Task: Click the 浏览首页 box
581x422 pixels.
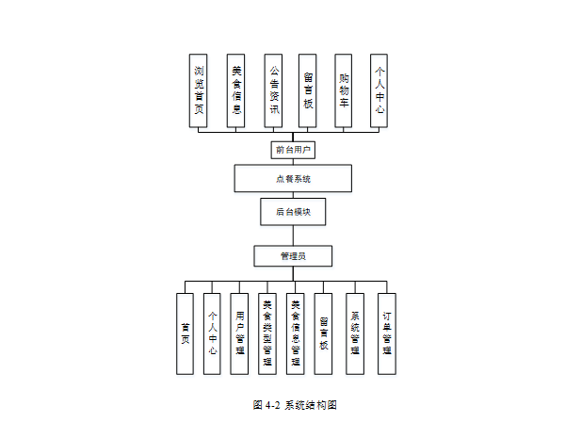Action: point(199,89)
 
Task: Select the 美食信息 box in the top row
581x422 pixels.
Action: point(235,89)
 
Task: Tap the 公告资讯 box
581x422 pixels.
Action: point(273,89)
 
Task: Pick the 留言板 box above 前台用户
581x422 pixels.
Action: point(308,89)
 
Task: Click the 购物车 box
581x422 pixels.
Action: point(344,89)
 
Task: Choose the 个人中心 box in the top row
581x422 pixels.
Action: point(379,89)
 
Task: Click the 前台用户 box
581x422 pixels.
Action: point(293,149)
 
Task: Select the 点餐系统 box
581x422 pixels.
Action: point(293,179)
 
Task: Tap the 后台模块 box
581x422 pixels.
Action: point(293,212)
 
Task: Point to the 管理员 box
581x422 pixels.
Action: point(293,255)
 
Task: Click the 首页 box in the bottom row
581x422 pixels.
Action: point(186,333)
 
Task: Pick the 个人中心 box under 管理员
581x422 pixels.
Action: point(213,333)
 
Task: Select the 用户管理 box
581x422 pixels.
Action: point(240,333)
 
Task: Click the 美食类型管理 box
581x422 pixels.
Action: point(267,333)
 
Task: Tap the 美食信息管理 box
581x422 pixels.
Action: point(295,333)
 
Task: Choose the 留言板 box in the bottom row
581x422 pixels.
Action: point(323,333)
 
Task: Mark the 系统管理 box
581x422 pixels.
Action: point(354,333)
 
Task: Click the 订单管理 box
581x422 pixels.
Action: point(386,333)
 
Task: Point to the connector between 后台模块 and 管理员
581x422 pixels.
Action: point(293,235)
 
